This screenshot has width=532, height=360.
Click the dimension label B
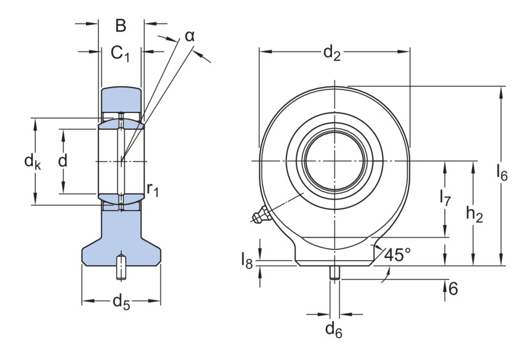(120, 25)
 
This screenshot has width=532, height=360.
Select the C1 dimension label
(120, 54)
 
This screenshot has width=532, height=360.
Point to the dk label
(31, 161)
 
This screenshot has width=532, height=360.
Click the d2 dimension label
(332, 54)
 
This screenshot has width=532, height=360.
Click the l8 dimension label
(247, 261)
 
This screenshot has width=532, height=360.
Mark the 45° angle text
(397, 255)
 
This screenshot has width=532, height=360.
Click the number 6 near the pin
(453, 289)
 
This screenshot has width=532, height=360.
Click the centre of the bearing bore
(334, 161)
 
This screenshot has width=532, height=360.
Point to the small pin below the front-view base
(334, 272)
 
